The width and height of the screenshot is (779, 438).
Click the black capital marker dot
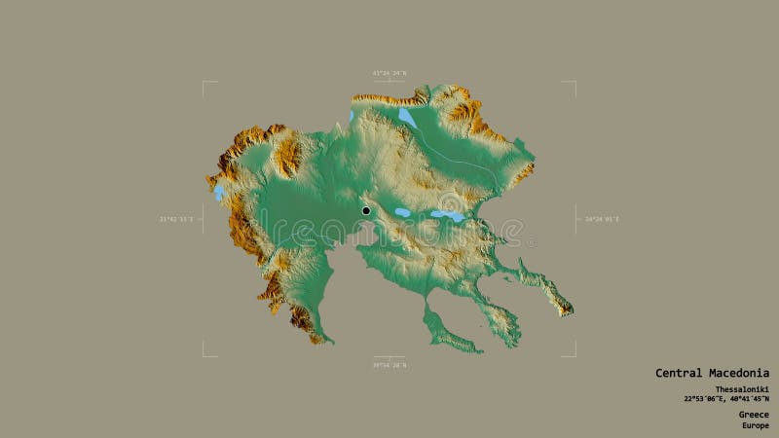tap(366, 210)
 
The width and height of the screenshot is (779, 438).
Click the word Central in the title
tap(678, 373)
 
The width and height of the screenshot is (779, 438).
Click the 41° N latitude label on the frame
tap(389, 73)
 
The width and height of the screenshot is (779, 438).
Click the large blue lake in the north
tap(406, 118)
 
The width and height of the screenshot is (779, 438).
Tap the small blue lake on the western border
tap(219, 193)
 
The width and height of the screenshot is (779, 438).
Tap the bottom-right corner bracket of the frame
tap(575, 355)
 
